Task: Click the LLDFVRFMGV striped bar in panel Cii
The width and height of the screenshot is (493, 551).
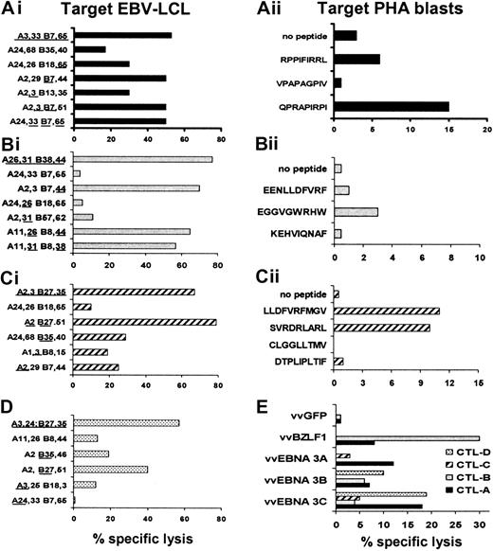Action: pyautogui.click(x=387, y=311)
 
